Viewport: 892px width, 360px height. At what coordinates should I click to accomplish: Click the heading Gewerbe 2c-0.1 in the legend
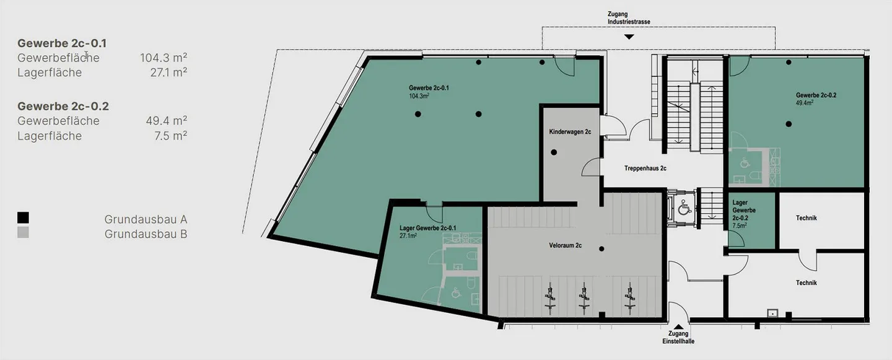62,43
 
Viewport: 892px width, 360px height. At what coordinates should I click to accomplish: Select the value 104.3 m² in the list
164,58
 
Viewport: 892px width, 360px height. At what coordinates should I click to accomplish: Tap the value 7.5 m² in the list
170,136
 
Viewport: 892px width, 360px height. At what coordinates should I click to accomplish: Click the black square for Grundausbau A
23,218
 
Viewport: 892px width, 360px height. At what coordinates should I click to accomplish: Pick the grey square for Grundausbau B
23,232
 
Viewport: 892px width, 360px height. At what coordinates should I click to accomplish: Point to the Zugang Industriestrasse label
629,18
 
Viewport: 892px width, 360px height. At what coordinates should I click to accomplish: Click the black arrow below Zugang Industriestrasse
629,37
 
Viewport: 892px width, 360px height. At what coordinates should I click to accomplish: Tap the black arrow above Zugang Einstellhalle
678,327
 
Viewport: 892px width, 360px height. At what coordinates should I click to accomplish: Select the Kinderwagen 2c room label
570,132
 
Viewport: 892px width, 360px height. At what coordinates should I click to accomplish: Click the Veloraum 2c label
565,245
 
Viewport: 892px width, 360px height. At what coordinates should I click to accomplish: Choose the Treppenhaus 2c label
645,169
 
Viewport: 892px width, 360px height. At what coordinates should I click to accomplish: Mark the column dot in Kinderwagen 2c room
554,152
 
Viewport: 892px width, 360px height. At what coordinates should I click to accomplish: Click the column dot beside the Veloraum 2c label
601,249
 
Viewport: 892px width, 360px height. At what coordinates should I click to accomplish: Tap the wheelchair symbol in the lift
684,208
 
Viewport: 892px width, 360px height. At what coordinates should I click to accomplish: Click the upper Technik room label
807,218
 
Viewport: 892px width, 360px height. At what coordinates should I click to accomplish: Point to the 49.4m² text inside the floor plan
805,103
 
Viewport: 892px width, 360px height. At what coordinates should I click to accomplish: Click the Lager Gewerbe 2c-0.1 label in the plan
427,228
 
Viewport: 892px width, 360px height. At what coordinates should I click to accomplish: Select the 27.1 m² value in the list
168,72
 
